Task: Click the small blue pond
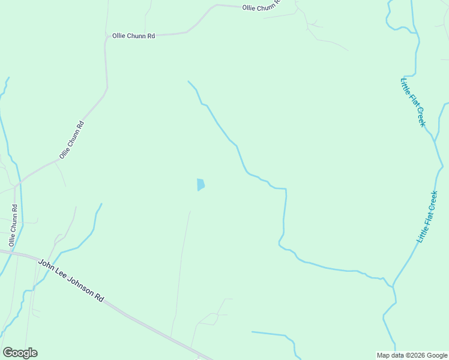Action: click(x=200, y=185)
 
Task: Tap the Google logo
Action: click(x=20, y=352)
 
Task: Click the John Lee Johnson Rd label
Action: click(x=71, y=280)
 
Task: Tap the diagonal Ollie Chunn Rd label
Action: click(x=71, y=140)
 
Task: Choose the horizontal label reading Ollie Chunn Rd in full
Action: click(x=133, y=36)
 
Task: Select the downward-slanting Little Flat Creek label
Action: click(x=413, y=102)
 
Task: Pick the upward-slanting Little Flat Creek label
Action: click(x=428, y=217)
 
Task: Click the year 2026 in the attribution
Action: click(x=415, y=355)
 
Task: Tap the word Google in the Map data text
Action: click(x=436, y=355)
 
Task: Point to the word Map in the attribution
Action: click(x=383, y=355)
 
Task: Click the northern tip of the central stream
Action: click(x=188, y=82)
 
